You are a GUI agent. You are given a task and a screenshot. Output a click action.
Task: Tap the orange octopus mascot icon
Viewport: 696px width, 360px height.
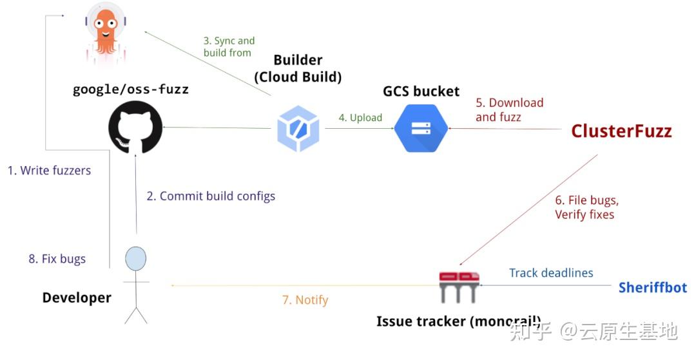coord(106,32)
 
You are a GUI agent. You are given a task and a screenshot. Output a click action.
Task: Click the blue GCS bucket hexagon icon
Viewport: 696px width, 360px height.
coord(421,129)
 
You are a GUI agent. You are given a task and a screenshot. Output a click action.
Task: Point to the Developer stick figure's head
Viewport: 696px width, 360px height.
coord(135,259)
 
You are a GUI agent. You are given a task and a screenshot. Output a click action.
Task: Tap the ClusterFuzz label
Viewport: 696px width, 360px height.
coord(621,131)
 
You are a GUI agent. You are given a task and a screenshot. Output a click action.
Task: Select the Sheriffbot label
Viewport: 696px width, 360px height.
coord(652,287)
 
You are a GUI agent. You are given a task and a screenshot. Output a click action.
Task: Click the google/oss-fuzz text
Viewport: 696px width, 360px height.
coord(130,89)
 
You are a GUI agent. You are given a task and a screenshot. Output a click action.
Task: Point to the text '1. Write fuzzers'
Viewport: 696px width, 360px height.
coord(49,171)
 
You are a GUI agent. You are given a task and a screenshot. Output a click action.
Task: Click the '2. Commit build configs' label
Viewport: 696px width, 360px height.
coord(211,196)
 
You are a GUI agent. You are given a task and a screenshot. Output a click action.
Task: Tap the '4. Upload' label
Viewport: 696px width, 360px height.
coord(360,118)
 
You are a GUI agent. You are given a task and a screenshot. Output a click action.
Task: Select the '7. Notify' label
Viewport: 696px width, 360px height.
coord(305,299)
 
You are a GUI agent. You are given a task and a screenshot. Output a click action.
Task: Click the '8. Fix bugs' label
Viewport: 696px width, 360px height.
coord(57,259)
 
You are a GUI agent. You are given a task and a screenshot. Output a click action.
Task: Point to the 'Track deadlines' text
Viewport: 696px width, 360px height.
coord(551,273)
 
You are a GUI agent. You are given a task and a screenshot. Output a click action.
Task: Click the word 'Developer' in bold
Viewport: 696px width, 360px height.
coord(77,298)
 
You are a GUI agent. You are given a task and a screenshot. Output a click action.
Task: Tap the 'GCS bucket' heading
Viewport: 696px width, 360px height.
coord(421,91)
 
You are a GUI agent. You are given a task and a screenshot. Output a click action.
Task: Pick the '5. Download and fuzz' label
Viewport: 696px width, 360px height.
coord(509,109)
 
